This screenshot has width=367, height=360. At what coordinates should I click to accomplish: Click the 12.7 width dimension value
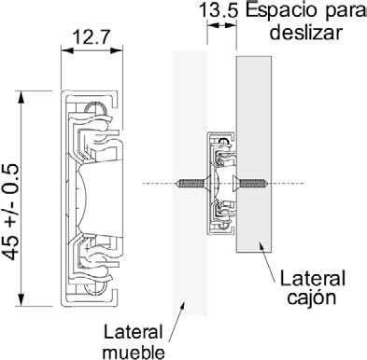point(92,37)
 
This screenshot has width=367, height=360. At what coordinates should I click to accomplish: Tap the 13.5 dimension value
point(219,10)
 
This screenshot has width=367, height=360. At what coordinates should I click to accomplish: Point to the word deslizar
point(306,32)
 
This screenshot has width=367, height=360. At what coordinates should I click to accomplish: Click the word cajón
point(312,298)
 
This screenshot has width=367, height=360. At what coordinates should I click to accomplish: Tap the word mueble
point(134,353)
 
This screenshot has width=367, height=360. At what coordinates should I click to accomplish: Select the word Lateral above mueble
point(134,332)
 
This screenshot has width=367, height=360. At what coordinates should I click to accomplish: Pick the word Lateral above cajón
point(313,278)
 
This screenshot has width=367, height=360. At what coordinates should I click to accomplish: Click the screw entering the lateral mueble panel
point(193,184)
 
